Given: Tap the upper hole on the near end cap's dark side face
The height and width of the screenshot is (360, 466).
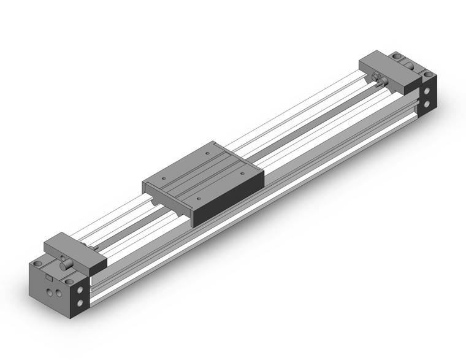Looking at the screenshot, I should point(80,289).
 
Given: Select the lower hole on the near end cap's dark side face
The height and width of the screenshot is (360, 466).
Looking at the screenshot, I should point(80,305).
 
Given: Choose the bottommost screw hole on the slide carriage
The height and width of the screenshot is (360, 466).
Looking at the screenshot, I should point(199,199).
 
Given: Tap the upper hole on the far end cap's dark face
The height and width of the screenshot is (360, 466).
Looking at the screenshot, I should point(427,93).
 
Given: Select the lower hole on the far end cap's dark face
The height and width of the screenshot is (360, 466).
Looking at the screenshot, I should point(427,108).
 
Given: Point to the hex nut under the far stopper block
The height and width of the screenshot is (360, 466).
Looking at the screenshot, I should point(378,81).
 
